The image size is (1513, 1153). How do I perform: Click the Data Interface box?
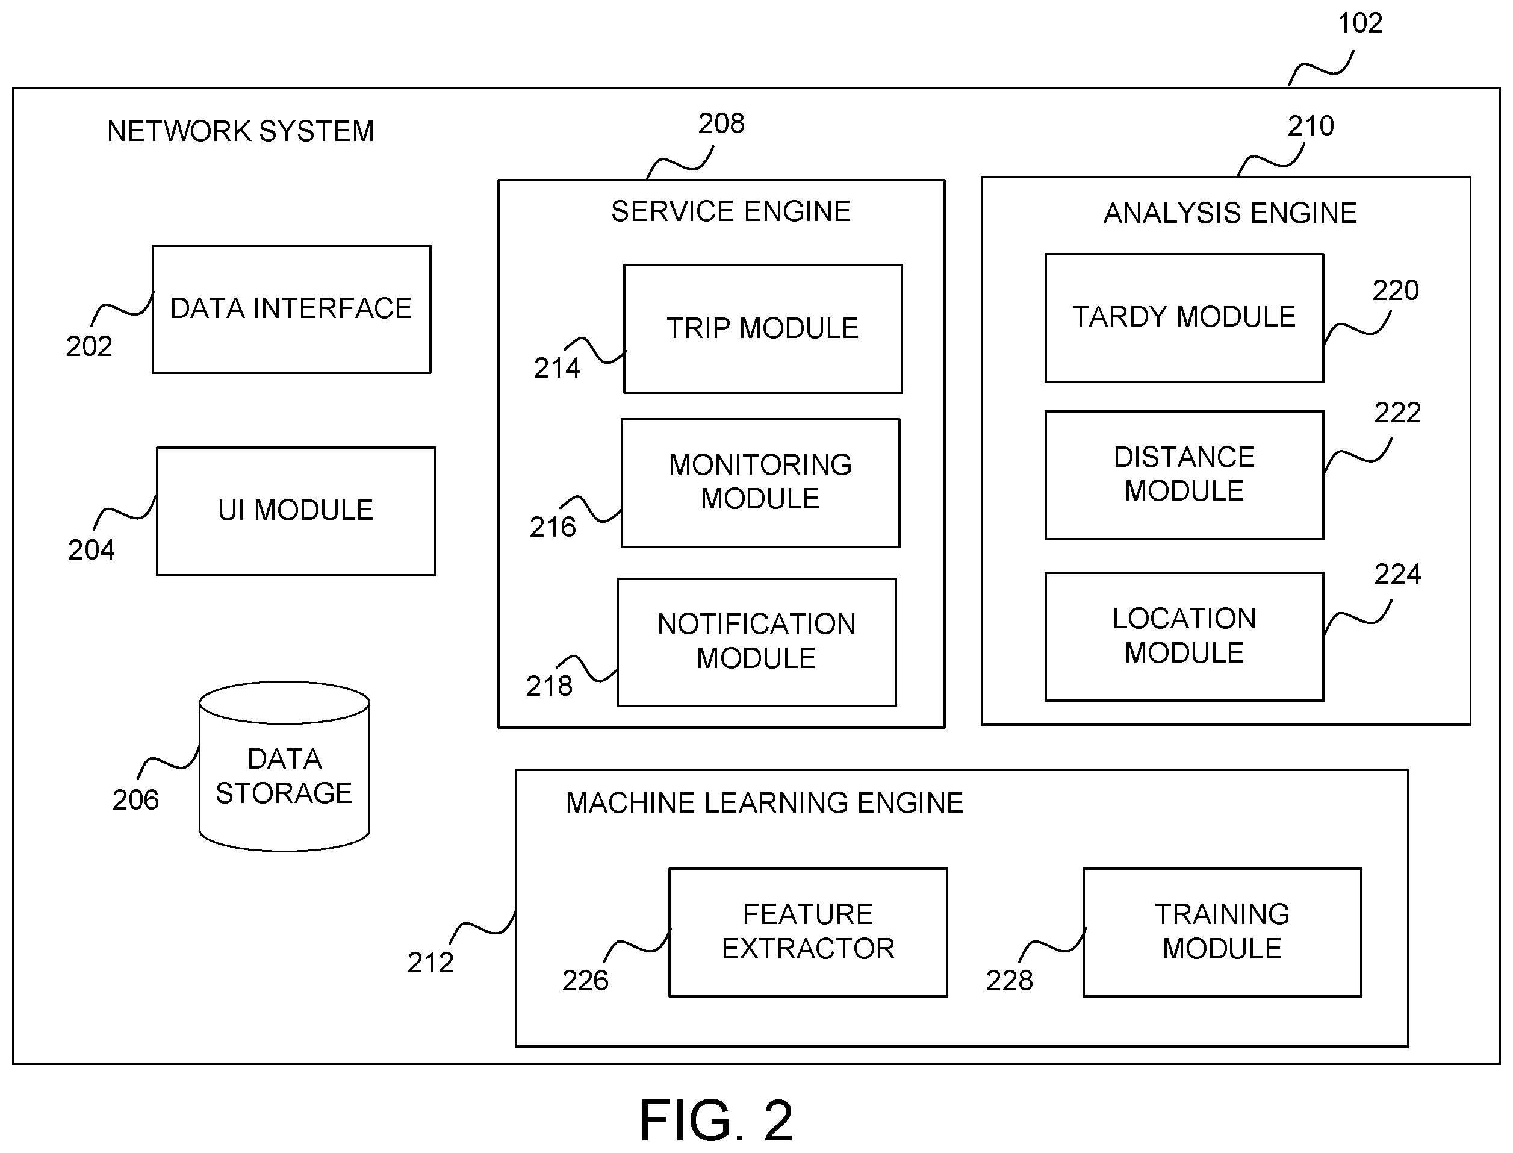coord(291,310)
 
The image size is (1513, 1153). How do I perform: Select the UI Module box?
coord(296,511)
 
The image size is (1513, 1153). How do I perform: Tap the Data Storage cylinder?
coord(285,767)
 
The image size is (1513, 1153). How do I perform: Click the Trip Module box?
coord(763,329)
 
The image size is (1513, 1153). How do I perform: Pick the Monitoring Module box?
coord(760,483)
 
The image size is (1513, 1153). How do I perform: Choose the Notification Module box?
coord(756,642)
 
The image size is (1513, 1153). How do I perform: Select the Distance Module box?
coord(1184,475)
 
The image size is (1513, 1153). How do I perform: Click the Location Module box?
coord(1184,637)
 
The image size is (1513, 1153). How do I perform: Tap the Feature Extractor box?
coord(808,933)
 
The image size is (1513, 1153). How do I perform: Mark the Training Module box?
coord(1222,933)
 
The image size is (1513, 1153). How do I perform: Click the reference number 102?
coord(1360,23)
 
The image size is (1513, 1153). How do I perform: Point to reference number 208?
coord(721,123)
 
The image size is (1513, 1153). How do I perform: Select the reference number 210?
coord(1311,127)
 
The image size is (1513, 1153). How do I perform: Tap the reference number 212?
coord(430,963)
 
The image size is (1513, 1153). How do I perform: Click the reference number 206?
coord(135,800)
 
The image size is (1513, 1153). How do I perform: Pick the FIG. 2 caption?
coord(716,1120)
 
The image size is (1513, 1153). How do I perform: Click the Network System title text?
coord(241,131)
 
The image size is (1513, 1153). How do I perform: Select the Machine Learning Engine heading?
coord(764,803)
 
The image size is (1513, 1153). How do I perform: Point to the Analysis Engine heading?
coord(1230,213)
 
